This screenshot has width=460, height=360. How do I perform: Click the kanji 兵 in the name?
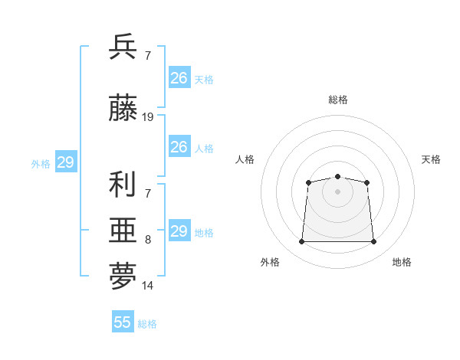coord(123,46)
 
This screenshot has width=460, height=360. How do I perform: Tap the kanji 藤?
coord(123,107)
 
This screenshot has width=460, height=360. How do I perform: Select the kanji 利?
coord(122,184)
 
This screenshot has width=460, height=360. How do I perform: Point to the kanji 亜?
coord(123,230)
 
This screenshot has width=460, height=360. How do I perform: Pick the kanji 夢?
coord(123,276)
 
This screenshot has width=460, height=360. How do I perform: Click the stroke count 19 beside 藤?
coord(147,117)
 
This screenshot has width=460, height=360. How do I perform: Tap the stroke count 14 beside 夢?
coord(147,286)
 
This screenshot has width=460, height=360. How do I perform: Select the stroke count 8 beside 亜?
coord(148,240)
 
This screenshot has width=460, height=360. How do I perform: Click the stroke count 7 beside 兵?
coord(148,55)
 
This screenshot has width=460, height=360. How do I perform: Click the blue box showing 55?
coord(123,321)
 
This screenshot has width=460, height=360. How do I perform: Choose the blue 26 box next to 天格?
coord(179,77)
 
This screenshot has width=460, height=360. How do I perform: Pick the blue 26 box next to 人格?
coord(179,146)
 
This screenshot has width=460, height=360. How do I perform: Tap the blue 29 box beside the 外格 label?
coord(66,162)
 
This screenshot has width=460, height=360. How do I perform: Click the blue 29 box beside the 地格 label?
coord(179,230)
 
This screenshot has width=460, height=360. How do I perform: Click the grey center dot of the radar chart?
coord(337,191)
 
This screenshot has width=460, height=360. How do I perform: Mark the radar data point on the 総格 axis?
coord(337,176)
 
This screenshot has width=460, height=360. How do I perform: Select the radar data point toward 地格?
coord(373,241)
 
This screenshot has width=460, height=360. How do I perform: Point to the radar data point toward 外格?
coord(301,241)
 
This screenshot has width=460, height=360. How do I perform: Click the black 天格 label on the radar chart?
coord(431,159)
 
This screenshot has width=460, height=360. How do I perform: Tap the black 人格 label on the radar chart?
coord(245,159)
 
